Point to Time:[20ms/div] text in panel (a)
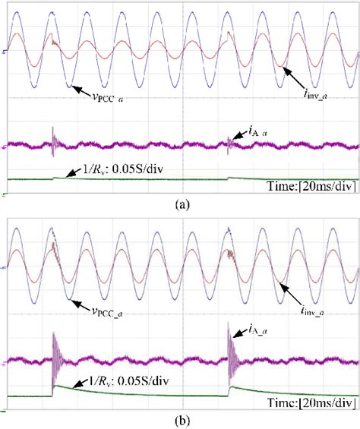tap(311, 185)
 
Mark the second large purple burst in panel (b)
tap(230, 353)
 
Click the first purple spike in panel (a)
tap(52, 140)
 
